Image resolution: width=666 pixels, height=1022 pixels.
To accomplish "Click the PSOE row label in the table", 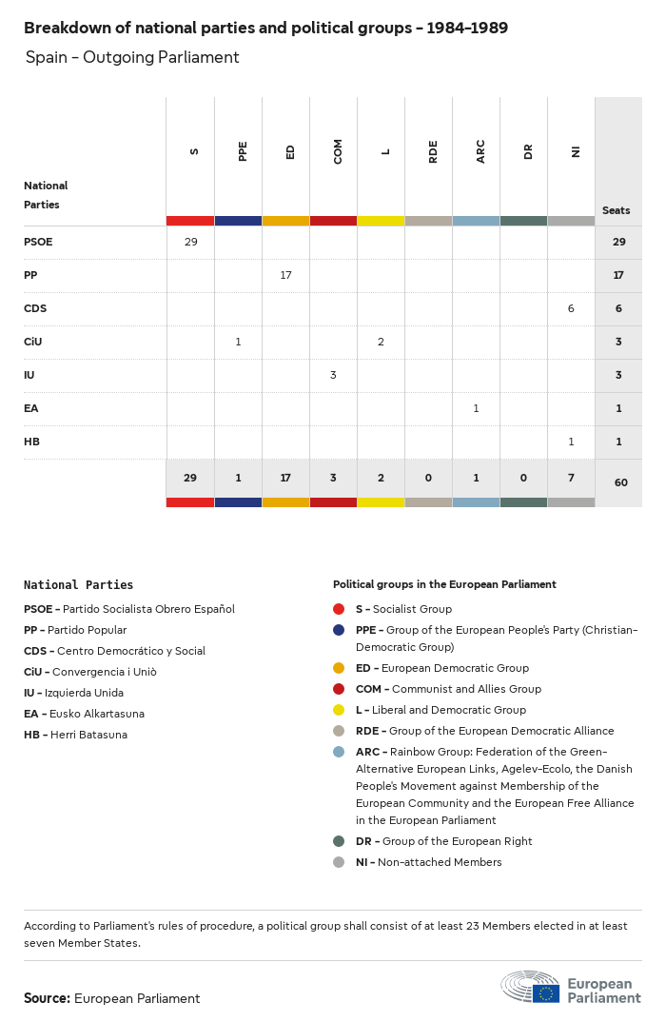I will coord(38,242).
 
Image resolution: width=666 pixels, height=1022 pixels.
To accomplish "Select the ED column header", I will coord(290,151).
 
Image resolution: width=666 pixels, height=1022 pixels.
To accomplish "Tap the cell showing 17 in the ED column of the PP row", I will coord(285,275).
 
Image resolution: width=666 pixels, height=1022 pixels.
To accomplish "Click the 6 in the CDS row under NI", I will coord(571,308).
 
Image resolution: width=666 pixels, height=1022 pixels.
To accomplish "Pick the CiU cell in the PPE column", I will coord(238,342).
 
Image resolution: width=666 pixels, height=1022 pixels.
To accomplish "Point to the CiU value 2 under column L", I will coord(381,342).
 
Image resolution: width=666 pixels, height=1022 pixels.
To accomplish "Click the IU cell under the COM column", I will coord(333,375).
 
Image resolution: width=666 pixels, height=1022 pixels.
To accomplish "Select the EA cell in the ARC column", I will coord(476,408).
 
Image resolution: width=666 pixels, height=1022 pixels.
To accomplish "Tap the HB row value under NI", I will coord(571,442).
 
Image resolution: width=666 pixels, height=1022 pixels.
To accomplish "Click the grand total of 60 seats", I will coord(620,482).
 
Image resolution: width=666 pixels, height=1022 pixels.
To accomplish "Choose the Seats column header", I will coord(616,210).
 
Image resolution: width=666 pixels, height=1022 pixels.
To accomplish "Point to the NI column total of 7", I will coord(571,478).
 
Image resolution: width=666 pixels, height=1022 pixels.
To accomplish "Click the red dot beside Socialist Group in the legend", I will coord(339,609).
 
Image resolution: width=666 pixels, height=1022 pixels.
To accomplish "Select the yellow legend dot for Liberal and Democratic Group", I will coord(339,710).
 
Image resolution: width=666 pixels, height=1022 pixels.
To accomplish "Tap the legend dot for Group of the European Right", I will coord(339,841).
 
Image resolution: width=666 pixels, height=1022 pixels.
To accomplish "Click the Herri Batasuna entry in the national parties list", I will coord(75,735).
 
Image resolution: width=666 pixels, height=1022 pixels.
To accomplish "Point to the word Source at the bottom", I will coord(47,998).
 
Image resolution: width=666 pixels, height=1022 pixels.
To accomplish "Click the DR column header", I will coord(528,151).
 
